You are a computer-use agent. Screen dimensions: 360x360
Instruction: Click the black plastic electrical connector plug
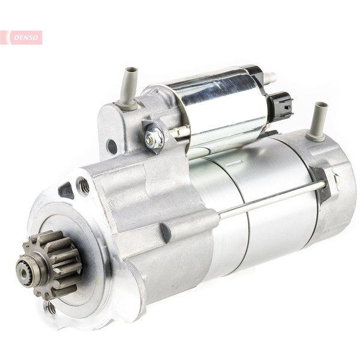coord(281,104)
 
